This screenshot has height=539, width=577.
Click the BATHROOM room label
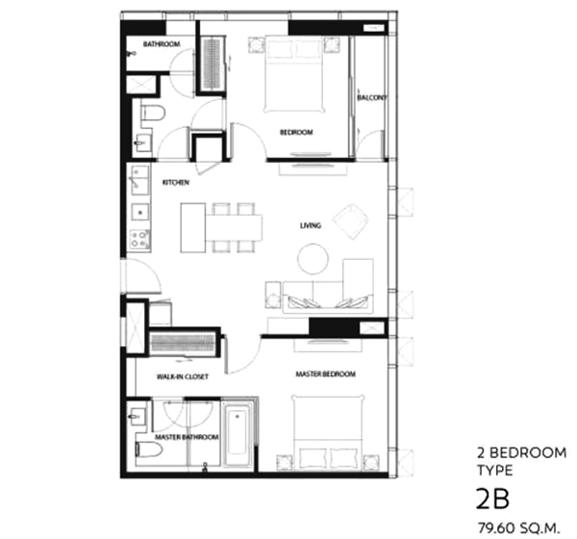162,44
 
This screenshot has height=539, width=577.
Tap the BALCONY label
371,97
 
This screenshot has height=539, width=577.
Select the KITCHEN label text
176,182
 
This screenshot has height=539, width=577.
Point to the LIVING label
311,225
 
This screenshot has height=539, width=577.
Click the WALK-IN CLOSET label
183,376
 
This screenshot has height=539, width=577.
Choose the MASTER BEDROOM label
326,374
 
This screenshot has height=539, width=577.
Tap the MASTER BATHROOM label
187,437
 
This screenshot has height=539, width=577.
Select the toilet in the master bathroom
149,449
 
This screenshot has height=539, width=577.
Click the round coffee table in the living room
313,259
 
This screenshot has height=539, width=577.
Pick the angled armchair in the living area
351,221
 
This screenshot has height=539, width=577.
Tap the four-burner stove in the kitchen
140,239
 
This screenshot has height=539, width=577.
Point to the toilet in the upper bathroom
153,113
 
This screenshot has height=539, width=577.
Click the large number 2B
493,499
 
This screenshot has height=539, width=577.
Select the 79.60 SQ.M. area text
518,528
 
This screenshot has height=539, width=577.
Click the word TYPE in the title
495,471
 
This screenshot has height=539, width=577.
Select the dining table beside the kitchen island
234,227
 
